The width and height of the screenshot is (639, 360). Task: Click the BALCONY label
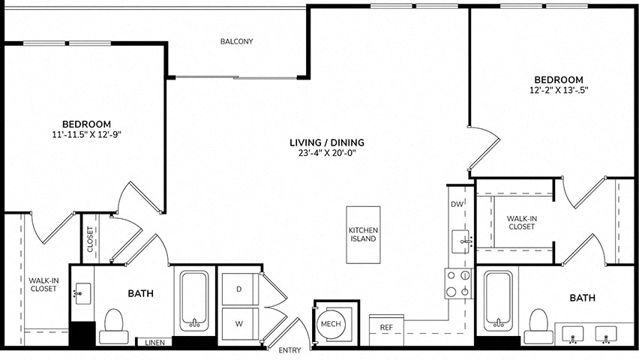[237, 41]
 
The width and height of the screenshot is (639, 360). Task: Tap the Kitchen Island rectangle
[363, 235]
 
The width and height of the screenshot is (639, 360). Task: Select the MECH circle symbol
[331, 324]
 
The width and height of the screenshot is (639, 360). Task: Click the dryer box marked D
[240, 289]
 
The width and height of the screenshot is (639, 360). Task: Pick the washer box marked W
[240, 324]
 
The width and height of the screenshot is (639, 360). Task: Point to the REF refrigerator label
[386, 328]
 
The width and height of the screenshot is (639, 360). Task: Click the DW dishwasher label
[457, 204]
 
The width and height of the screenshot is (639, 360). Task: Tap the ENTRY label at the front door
[289, 350]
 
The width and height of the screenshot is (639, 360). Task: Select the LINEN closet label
[154, 343]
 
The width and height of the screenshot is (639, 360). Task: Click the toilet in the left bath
[114, 326]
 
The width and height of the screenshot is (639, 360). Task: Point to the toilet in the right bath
[538, 326]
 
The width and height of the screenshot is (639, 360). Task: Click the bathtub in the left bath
[194, 301]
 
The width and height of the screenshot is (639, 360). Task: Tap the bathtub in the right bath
[498, 301]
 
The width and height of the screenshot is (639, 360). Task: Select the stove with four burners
[458, 283]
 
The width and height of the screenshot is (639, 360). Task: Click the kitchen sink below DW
[461, 241]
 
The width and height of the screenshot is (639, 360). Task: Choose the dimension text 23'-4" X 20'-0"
[327, 153]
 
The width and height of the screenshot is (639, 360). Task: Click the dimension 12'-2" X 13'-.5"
[559, 91]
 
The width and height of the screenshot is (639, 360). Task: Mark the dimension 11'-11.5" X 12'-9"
[86, 134]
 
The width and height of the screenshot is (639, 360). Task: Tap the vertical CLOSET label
[90, 239]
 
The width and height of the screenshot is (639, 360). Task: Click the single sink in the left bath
[82, 293]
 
